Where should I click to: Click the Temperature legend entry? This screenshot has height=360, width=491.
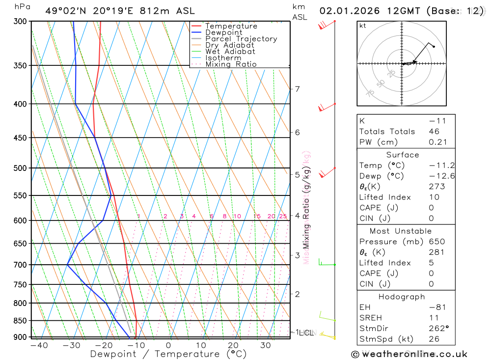pyautogui.click(x=231, y=26)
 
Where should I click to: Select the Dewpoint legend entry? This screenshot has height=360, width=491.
pyautogui.click(x=224, y=32)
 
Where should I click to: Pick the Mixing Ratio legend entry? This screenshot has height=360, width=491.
pyautogui.click(x=231, y=64)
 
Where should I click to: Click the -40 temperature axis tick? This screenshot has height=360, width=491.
pyautogui.click(x=39, y=345)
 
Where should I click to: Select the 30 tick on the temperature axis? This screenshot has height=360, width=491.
pyautogui.click(x=266, y=345)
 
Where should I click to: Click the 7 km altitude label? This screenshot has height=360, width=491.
pyautogui.click(x=297, y=89)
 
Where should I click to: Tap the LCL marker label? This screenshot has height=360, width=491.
pyautogui.click(x=306, y=333)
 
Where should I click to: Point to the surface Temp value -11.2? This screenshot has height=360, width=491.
pyautogui.click(x=434, y=166)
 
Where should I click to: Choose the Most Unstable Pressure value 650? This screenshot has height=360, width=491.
pyautogui.click(x=436, y=242)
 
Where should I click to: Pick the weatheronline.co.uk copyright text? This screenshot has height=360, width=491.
pyautogui.click(x=409, y=354)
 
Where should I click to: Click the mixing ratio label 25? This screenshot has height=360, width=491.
pyautogui.click(x=283, y=216)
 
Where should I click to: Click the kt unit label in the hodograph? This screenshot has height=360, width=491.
pyautogui.click(x=362, y=26)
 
